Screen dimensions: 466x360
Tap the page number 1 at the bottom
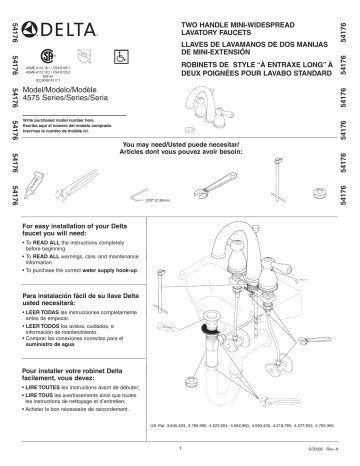pos(179,449)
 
